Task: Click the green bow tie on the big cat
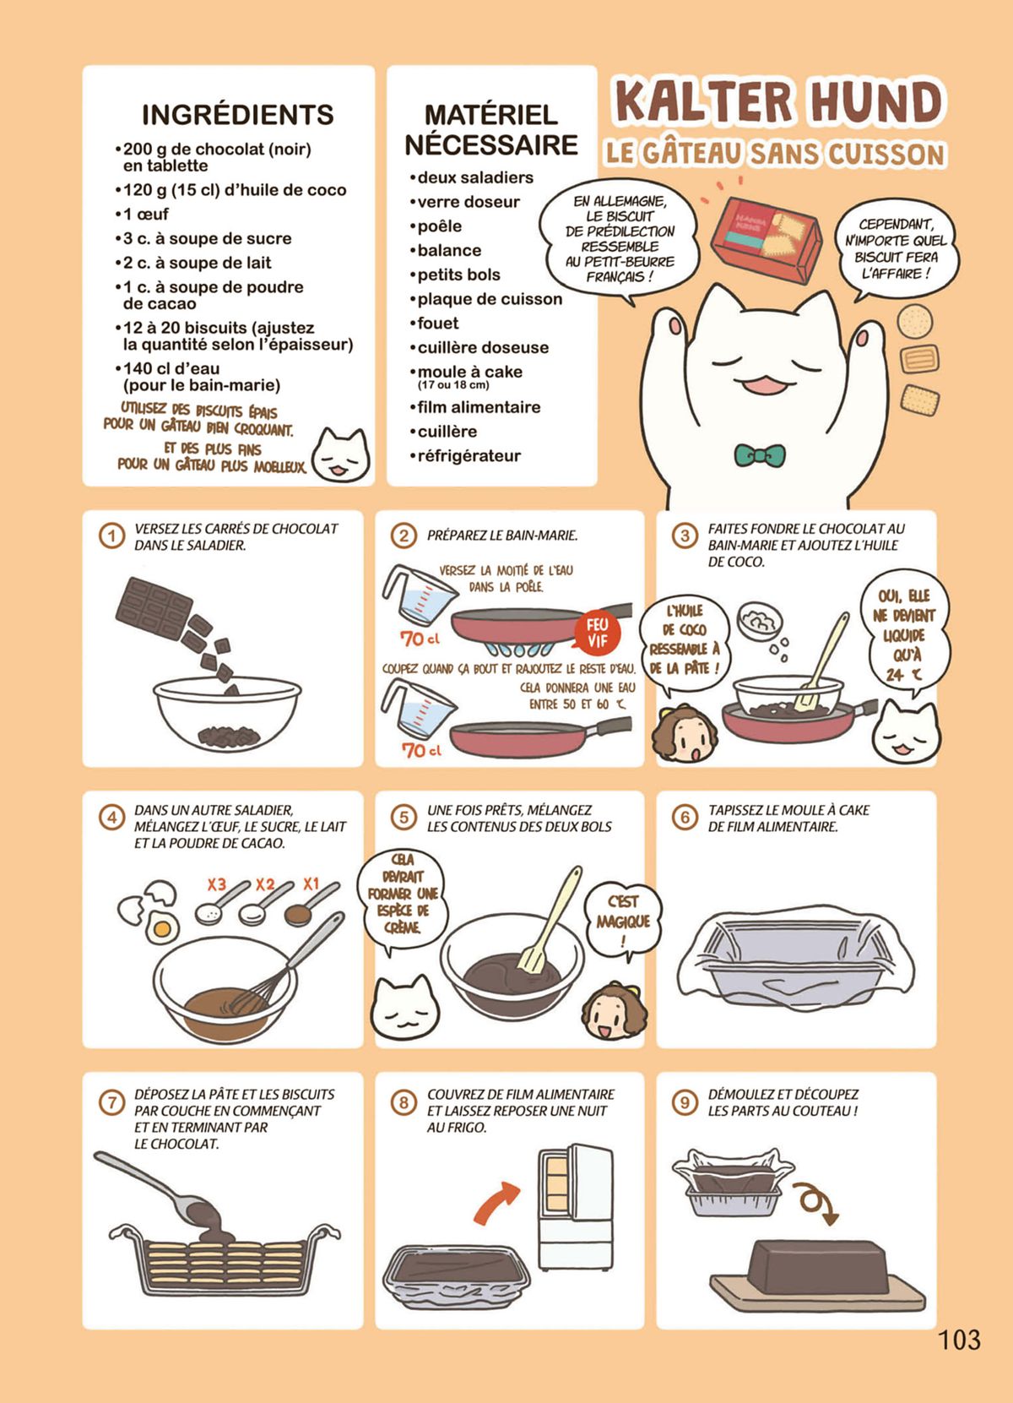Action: coord(760,454)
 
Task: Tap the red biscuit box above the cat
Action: coord(767,233)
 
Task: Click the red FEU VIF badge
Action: coord(598,633)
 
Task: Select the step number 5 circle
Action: coord(404,818)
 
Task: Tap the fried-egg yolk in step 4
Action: coord(161,927)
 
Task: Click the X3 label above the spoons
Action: coord(217,884)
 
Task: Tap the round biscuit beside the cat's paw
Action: coord(915,321)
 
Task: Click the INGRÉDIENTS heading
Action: coord(238,115)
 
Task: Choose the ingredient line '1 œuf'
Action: coord(142,215)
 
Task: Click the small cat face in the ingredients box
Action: coord(340,455)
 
